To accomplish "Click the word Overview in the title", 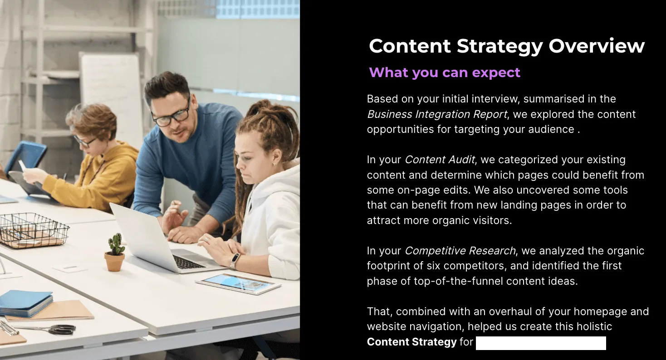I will coord(597,46).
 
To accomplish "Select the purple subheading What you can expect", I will coord(445,73).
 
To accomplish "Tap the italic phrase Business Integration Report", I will coord(436,114).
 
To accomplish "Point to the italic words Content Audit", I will coord(440,160).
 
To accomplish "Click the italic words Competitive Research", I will coord(460,251).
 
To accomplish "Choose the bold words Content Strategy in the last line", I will coord(411,342).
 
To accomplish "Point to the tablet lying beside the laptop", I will coord(238,284).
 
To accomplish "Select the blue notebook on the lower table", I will coord(25,302).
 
